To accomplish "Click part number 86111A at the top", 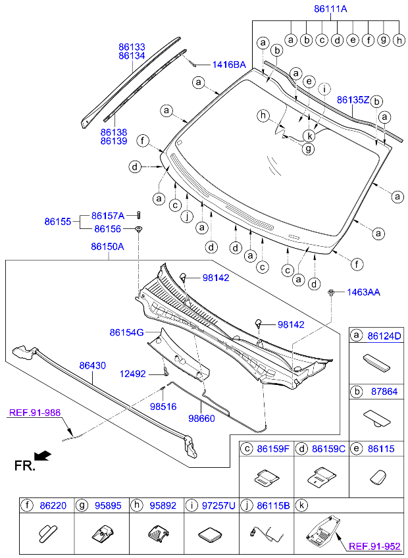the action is click(x=330, y=9).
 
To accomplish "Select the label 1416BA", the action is click(x=229, y=64).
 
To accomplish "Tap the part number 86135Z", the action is click(x=353, y=100).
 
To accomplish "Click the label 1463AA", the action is click(x=363, y=293).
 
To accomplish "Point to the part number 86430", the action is click(x=93, y=365).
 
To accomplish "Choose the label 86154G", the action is click(x=127, y=332).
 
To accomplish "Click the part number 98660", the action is click(x=201, y=418).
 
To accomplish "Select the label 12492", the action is click(x=132, y=374).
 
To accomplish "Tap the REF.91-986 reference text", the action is click(x=34, y=413).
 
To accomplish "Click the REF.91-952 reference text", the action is click(x=374, y=546).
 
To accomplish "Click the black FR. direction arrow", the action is click(x=43, y=456).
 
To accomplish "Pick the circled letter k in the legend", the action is click(x=301, y=505).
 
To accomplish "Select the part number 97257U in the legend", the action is click(x=218, y=505).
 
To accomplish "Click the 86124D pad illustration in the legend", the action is click(x=376, y=363).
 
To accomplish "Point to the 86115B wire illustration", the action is click(x=266, y=534).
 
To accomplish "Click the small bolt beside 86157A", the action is click(x=138, y=215).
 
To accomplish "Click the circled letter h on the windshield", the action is click(x=263, y=115).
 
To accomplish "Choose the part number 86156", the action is click(x=107, y=229).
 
